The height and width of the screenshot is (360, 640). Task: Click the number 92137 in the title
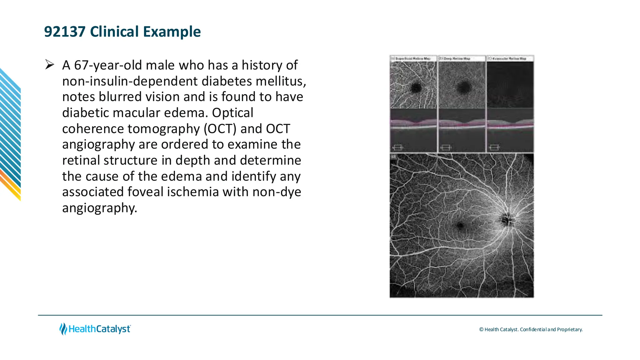65,32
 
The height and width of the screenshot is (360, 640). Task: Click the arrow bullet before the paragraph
50,65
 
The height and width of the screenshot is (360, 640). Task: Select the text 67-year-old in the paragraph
107,65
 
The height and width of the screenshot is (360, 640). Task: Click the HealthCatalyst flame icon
63,329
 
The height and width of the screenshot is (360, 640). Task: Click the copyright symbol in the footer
481,329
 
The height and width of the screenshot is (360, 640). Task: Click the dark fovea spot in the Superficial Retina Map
416,88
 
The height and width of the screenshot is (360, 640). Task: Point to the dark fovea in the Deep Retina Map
463,87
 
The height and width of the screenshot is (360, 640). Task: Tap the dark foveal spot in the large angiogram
460,225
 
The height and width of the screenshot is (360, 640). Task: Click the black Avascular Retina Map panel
510,84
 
